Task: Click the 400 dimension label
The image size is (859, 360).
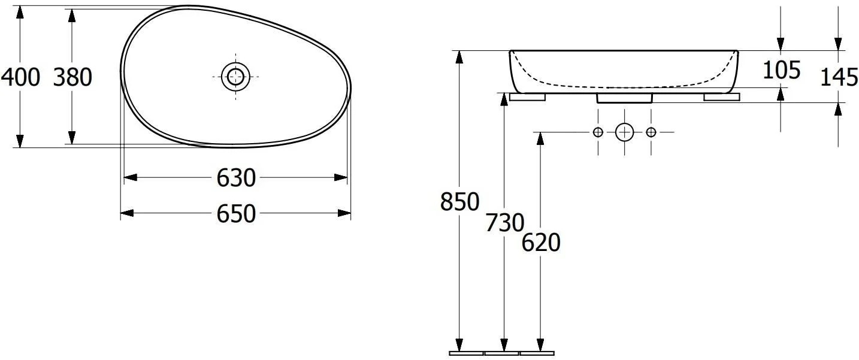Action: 20,77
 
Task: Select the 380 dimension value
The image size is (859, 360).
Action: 72,77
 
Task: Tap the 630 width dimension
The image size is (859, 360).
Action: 236,178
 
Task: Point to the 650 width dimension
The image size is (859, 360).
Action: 236,214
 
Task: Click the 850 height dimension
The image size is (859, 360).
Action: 459,202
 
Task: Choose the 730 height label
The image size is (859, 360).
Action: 504,223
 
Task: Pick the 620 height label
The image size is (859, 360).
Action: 541,243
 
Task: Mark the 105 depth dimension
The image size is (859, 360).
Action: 781,70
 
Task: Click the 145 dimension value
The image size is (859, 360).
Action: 839,77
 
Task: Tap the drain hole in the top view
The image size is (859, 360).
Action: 235,77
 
